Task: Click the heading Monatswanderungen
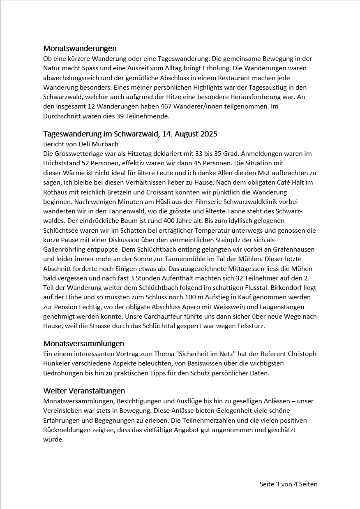click(x=80, y=49)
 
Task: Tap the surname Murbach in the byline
click(x=105, y=144)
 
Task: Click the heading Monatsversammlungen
click(x=84, y=344)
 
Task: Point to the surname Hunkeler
click(x=58, y=363)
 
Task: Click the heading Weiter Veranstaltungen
click(x=84, y=391)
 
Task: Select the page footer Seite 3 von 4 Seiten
click(x=288, y=484)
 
